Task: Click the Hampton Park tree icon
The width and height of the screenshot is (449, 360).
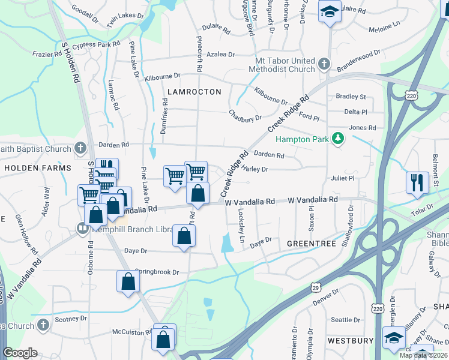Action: (x=339, y=139)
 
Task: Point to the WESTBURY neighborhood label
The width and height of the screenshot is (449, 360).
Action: (x=351, y=341)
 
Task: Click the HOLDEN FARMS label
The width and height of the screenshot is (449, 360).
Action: (x=37, y=169)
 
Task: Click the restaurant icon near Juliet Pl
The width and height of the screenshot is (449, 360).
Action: (x=417, y=182)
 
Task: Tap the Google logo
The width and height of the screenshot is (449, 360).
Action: (x=20, y=353)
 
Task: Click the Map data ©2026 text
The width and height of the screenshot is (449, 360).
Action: (x=423, y=355)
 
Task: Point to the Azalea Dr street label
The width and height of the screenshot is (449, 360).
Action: (x=220, y=55)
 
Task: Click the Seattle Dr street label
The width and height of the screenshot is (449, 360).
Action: (x=345, y=320)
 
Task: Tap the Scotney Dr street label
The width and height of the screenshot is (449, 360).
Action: (x=71, y=319)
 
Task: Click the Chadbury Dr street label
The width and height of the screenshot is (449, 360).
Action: (x=245, y=115)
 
